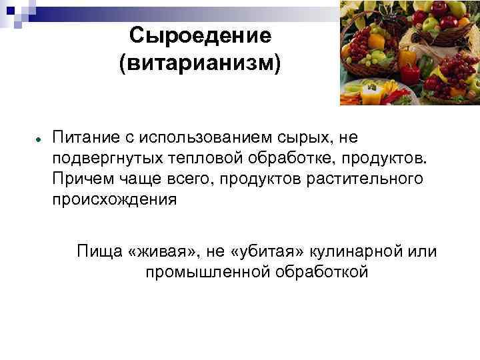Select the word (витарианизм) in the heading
(200, 65)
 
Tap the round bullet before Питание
(40, 138)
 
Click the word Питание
(85, 138)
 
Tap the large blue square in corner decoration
(9, 8)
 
